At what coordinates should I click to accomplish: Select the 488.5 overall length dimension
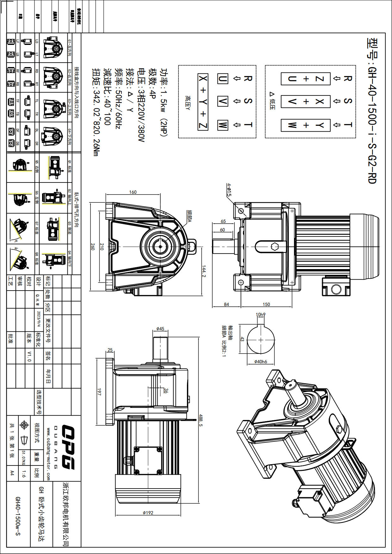click(201, 421)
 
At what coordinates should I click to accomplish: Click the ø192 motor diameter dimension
click(148, 513)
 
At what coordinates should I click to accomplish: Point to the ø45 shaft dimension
click(160, 329)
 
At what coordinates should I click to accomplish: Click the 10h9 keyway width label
click(260, 315)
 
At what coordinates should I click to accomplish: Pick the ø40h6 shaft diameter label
click(261, 361)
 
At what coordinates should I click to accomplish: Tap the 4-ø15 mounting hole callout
click(229, 189)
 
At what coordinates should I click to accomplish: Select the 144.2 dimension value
click(204, 271)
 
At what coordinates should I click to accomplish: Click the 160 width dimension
click(133, 192)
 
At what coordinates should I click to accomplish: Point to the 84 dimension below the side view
click(227, 304)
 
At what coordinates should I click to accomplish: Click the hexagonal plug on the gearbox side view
click(274, 247)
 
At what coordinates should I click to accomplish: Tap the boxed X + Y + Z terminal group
click(203, 102)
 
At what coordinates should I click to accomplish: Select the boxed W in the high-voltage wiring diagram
click(222, 125)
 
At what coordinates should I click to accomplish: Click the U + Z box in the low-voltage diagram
click(306, 79)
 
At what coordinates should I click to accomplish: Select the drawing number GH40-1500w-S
click(18, 515)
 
